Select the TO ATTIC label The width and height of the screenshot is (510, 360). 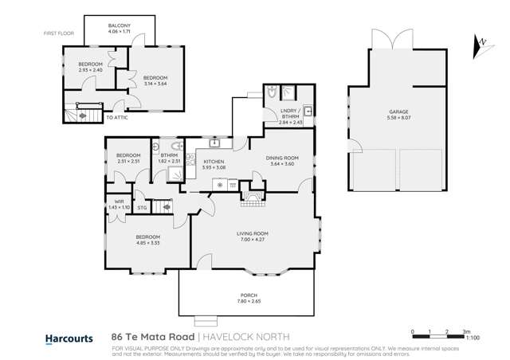click(116, 118)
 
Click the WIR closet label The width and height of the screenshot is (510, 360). click(117, 202)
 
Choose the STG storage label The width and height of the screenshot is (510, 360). click(142, 208)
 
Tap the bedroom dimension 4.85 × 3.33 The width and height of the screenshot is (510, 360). click(148, 242)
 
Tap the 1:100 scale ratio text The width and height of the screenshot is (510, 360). click(472, 338)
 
